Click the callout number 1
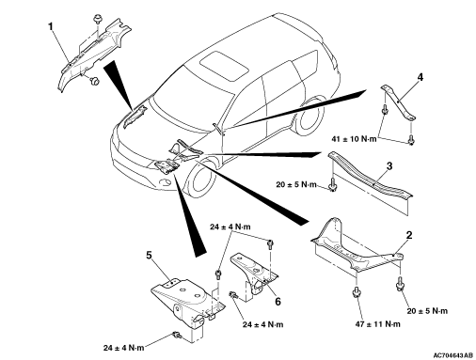(x=51, y=27)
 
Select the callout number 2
(x=409, y=235)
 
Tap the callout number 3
(x=389, y=165)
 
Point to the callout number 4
(x=420, y=77)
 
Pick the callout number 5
(x=149, y=256)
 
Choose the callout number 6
(x=278, y=302)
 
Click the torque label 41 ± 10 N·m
(x=354, y=138)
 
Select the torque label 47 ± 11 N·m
(x=377, y=324)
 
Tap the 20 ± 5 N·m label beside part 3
(x=296, y=184)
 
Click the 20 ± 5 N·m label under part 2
(x=427, y=311)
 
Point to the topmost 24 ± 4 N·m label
(x=230, y=227)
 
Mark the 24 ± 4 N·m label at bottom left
(x=123, y=348)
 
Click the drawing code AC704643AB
(x=453, y=355)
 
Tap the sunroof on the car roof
(x=224, y=66)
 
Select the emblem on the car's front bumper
(x=165, y=181)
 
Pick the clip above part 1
(x=98, y=20)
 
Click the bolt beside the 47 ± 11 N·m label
(x=356, y=291)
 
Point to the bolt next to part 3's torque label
(x=332, y=184)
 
